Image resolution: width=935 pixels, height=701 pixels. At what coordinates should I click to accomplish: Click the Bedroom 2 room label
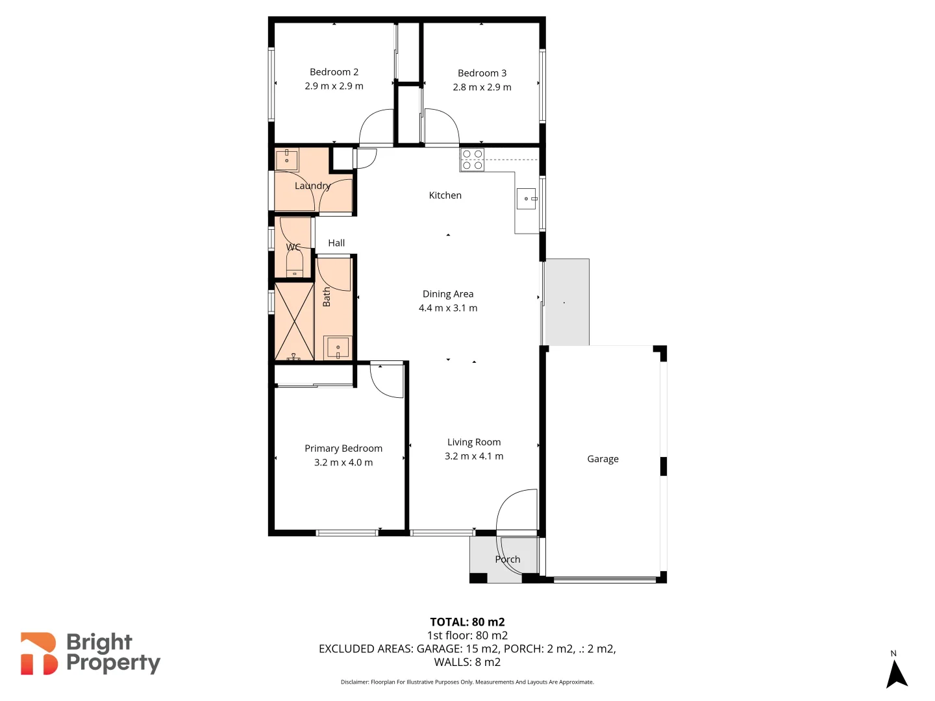click(x=334, y=72)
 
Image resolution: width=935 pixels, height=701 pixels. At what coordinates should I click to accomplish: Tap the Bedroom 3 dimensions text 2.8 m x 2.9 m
click(x=482, y=87)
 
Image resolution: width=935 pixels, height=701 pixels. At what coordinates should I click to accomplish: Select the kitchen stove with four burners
click(x=472, y=160)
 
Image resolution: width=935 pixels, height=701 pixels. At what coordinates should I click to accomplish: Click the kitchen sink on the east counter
click(x=527, y=199)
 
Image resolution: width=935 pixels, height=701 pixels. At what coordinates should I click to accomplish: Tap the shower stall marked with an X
click(x=294, y=321)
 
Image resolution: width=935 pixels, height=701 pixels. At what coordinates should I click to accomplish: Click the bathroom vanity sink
click(x=338, y=347)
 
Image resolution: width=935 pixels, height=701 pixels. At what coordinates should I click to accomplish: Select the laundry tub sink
click(x=286, y=160)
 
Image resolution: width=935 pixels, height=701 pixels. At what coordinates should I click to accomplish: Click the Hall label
click(x=336, y=243)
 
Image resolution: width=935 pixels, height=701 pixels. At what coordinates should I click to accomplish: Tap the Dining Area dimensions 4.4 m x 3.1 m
click(x=448, y=308)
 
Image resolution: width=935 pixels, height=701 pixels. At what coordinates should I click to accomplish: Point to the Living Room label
click(x=474, y=442)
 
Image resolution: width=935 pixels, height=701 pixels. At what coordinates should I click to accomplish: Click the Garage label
click(x=603, y=459)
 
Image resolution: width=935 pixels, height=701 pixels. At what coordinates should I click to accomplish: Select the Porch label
click(x=508, y=560)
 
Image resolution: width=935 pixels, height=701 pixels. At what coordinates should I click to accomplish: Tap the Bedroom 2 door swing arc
click(x=375, y=127)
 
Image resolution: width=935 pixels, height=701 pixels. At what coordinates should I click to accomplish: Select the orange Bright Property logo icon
click(x=38, y=654)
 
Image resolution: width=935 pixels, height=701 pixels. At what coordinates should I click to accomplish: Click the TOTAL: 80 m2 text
click(x=467, y=622)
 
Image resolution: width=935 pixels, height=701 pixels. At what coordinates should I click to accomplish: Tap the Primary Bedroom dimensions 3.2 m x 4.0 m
click(x=343, y=463)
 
